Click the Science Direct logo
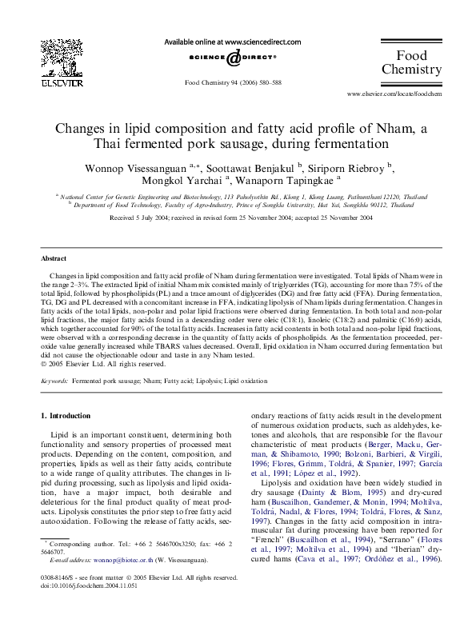coord(233,58)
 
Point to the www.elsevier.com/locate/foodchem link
coord(394,94)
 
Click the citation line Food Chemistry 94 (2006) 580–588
coord(233,82)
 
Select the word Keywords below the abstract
coord(54,382)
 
